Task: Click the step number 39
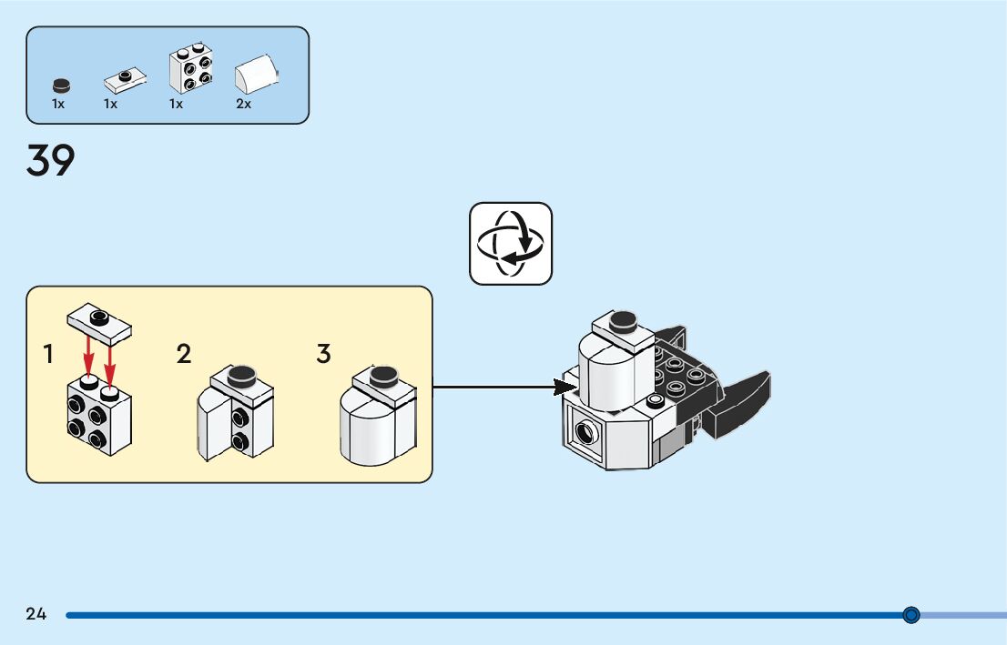tap(51, 160)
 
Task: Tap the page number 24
tap(36, 614)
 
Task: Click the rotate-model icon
tap(511, 244)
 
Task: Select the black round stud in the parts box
tap(61, 86)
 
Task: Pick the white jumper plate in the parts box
tap(126, 80)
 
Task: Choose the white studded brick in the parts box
tap(190, 67)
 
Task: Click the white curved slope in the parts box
tap(256, 75)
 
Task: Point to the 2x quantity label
tap(243, 104)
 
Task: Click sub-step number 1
tap(47, 354)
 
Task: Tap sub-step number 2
tap(184, 354)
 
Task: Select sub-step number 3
tap(324, 354)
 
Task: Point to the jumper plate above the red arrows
tap(99, 323)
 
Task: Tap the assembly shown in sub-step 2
tap(236, 413)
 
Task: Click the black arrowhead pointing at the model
tap(565, 387)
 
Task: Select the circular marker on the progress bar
tap(910, 615)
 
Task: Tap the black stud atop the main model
tap(623, 321)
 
